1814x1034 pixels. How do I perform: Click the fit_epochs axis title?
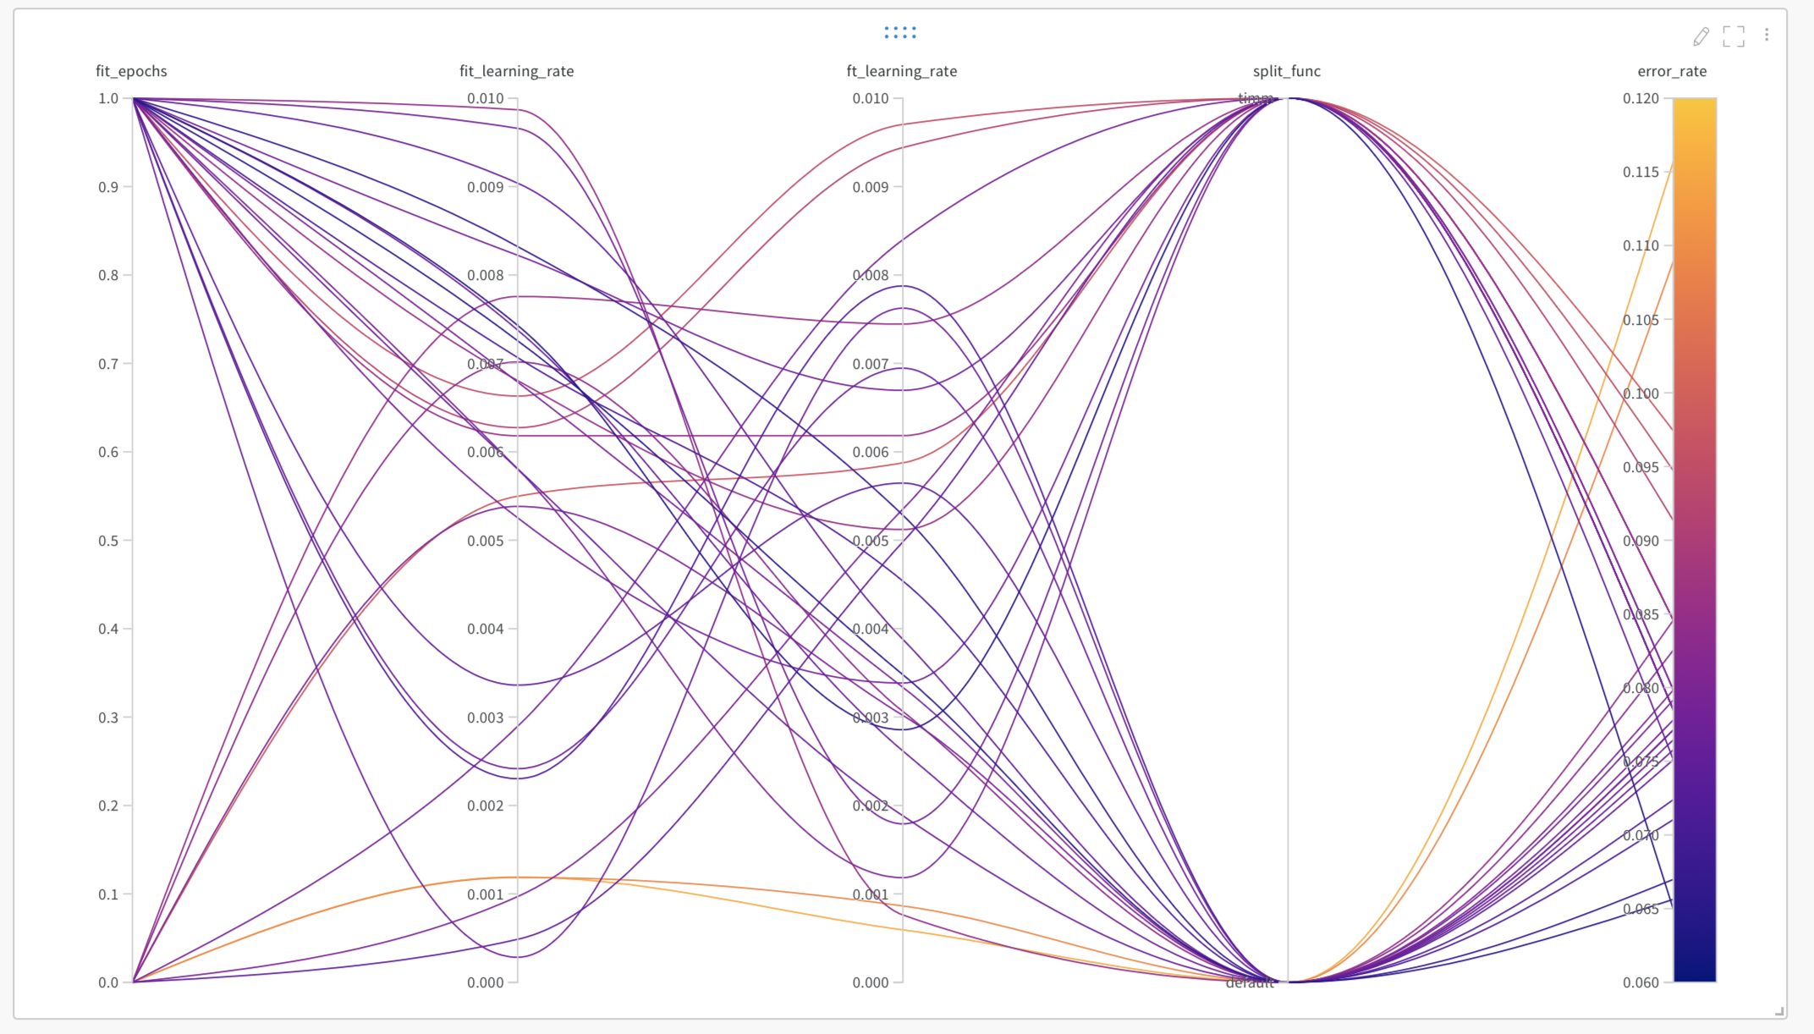(x=131, y=71)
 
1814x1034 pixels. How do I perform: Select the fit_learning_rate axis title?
(x=516, y=71)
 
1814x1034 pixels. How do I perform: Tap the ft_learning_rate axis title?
(x=901, y=71)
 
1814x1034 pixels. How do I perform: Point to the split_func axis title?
(x=1286, y=71)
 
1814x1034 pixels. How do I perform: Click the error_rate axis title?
(x=1671, y=71)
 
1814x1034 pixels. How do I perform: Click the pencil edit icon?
(x=1701, y=36)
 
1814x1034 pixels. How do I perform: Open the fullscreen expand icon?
(x=1734, y=36)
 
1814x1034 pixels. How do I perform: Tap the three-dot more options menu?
(x=1767, y=35)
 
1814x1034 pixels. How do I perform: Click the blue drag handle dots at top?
(x=900, y=32)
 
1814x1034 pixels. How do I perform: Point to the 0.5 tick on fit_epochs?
(x=108, y=541)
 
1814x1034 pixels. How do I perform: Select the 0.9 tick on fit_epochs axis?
(x=108, y=187)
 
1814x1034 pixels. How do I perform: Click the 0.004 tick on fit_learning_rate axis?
(x=486, y=629)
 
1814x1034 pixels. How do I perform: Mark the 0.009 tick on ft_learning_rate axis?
(x=871, y=187)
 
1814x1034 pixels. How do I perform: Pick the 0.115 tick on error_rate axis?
(x=1641, y=172)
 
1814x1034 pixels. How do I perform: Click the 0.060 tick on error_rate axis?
(x=1641, y=982)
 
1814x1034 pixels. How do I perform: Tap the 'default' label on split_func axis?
(x=1250, y=983)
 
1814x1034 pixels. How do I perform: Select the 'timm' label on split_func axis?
(x=1255, y=98)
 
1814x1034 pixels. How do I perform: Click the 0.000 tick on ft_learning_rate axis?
(x=871, y=982)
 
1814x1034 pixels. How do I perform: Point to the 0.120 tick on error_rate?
(x=1641, y=98)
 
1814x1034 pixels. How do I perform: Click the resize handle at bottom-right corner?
(x=1780, y=1011)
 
